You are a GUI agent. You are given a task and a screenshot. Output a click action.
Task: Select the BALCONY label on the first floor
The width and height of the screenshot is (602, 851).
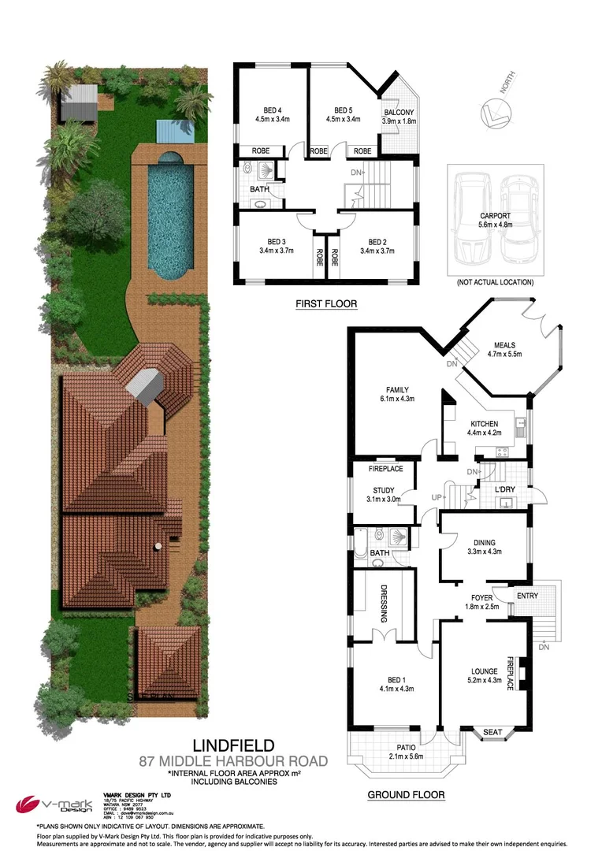pos(398,113)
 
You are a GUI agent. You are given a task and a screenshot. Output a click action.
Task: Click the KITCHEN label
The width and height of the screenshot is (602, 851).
pos(485,423)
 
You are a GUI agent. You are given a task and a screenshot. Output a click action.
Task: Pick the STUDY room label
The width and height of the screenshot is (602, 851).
pos(384,490)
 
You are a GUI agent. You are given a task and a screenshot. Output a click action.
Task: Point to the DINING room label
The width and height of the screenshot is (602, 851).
pos(485,541)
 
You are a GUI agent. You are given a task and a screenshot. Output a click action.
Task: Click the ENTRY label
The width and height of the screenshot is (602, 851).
pos(527,596)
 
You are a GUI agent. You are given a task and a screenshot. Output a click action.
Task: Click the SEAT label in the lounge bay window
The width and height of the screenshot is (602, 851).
pos(492,733)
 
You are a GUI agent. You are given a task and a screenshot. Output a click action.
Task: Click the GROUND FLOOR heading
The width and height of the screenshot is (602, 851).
pos(406,795)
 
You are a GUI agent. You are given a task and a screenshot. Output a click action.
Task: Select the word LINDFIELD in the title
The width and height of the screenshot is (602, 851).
pos(234,745)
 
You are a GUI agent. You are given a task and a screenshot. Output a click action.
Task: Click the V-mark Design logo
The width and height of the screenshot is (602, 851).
pos(50,805)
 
